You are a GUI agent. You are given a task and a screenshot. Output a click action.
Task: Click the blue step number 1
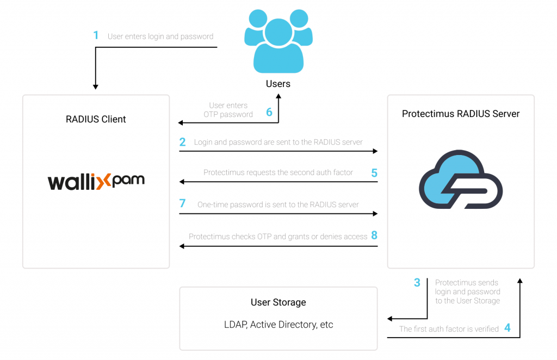coord(96,36)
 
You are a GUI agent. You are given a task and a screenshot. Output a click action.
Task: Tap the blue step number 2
coord(182,142)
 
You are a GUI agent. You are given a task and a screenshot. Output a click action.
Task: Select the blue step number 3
coord(417,283)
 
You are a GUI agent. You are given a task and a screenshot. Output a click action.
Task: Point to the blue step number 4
coord(507,328)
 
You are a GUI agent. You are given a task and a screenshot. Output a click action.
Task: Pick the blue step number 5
coord(374,173)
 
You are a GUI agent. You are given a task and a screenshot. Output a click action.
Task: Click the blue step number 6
coord(269,113)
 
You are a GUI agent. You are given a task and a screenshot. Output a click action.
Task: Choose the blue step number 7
coord(182,204)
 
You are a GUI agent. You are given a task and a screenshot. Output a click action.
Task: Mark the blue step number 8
coord(374,236)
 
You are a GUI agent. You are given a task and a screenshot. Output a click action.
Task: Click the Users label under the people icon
coord(278,84)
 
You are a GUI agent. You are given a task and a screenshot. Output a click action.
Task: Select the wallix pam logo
coord(96,181)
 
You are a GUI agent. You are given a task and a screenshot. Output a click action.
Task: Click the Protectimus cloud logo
coord(460,179)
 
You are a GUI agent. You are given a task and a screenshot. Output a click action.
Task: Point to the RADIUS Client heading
coord(96,119)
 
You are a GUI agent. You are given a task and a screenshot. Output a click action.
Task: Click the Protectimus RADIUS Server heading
coord(461,114)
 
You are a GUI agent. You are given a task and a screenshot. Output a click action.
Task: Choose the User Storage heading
coord(278,302)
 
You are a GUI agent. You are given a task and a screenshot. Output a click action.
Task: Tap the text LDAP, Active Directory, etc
coord(278,325)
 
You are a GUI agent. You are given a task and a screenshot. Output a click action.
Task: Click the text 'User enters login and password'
coord(160,36)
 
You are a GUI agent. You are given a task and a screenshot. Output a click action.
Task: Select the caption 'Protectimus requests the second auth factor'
coord(278,172)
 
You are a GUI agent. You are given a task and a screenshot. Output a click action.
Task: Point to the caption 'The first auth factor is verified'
coord(449,328)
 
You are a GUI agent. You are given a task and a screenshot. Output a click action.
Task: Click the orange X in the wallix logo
coord(104,181)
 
